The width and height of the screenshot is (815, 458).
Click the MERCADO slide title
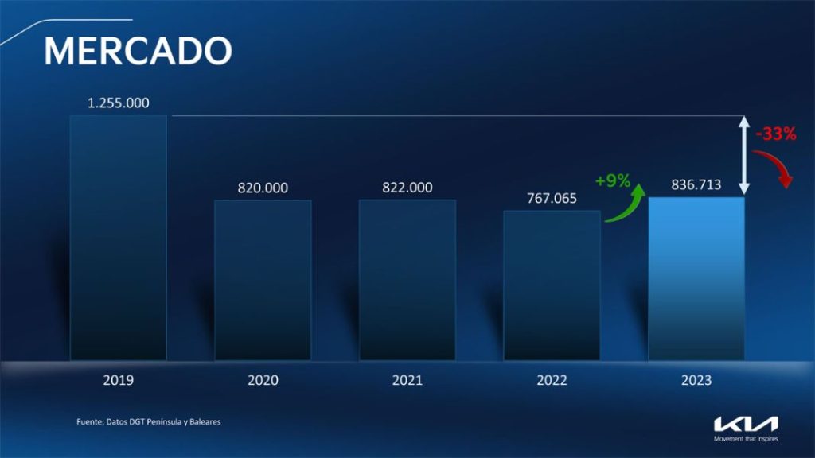click(138, 51)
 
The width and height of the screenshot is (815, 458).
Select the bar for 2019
click(119, 237)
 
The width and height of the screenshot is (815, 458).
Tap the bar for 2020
click(263, 280)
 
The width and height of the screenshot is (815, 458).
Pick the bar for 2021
click(407, 280)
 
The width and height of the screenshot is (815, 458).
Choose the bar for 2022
click(552, 285)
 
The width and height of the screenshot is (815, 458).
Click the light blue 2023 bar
click(696, 278)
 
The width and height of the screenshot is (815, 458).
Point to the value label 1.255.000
click(119, 103)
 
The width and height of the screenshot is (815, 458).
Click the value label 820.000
click(263, 188)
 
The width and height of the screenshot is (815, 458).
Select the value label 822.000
click(407, 188)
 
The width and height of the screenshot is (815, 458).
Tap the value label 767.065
click(552, 198)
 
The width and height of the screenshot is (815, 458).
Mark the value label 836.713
click(696, 184)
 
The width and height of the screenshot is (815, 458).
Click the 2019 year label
click(119, 380)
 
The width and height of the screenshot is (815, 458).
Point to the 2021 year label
click(407, 380)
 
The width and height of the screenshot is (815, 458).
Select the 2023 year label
click(696, 380)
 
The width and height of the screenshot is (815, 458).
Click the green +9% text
click(613, 180)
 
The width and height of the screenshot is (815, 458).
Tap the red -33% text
click(776, 134)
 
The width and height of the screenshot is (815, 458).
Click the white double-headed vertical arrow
click(744, 155)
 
